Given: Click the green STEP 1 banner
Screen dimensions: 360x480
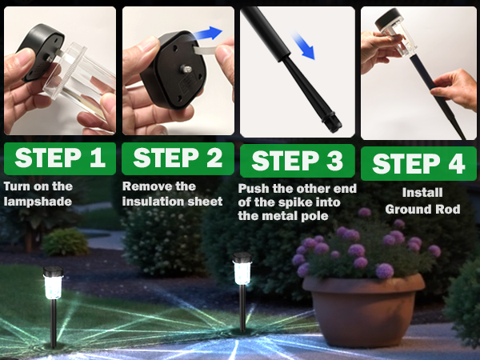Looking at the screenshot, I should click(60, 158).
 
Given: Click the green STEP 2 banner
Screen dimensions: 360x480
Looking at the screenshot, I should click(178, 158).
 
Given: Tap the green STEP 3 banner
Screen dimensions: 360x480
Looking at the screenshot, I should click(298, 161).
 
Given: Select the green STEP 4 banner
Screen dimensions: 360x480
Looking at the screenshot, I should click(418, 164).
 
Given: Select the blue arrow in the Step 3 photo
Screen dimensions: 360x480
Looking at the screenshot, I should click(303, 46).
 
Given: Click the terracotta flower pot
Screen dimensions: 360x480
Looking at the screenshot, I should click(363, 308).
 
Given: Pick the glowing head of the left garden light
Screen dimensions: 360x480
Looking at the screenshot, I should click(53, 282).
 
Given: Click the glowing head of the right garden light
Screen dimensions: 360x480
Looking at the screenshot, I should click(242, 270).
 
